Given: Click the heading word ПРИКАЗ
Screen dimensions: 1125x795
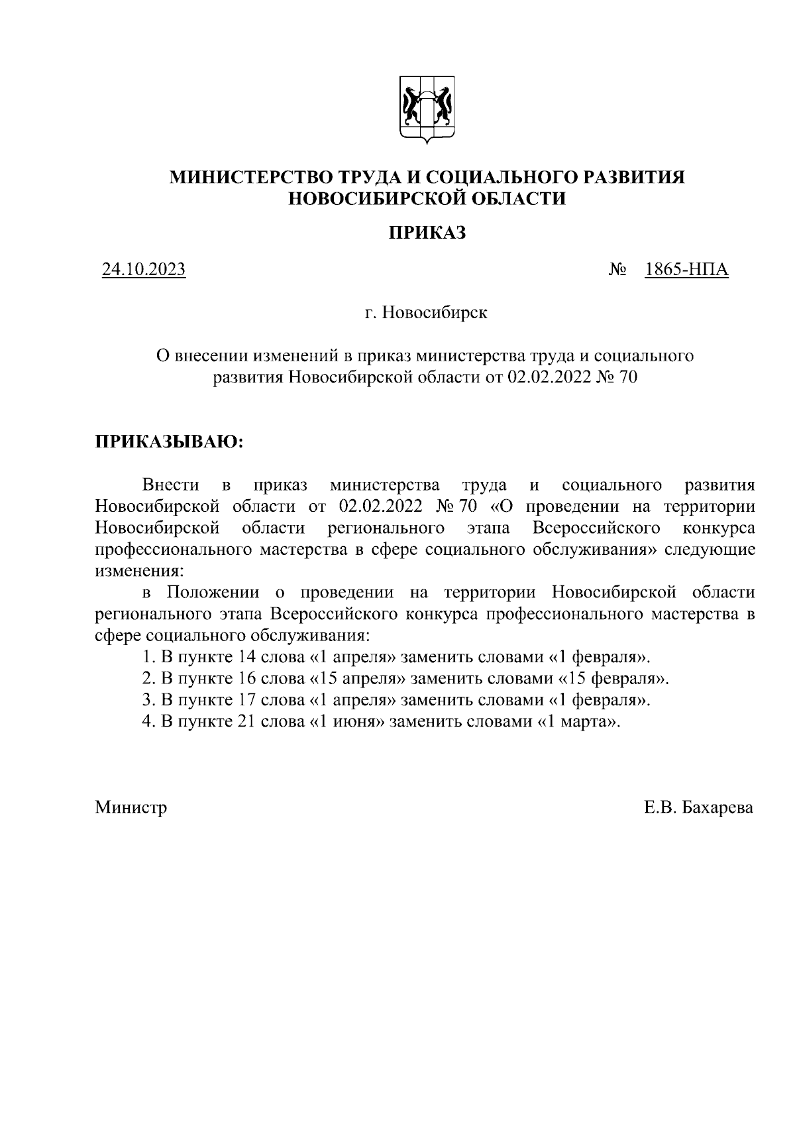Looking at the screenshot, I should click(x=427, y=233).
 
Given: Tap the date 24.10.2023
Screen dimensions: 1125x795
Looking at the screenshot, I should click(x=143, y=270).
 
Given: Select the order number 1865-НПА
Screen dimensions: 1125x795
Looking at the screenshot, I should click(x=686, y=270).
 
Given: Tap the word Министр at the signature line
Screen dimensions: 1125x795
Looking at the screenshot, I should click(x=131, y=807).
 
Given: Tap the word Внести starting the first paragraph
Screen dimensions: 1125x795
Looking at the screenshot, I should click(x=170, y=485).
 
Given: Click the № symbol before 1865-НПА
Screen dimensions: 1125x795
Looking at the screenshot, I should click(x=617, y=270).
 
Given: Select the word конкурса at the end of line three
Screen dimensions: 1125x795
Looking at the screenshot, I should click(x=718, y=528).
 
